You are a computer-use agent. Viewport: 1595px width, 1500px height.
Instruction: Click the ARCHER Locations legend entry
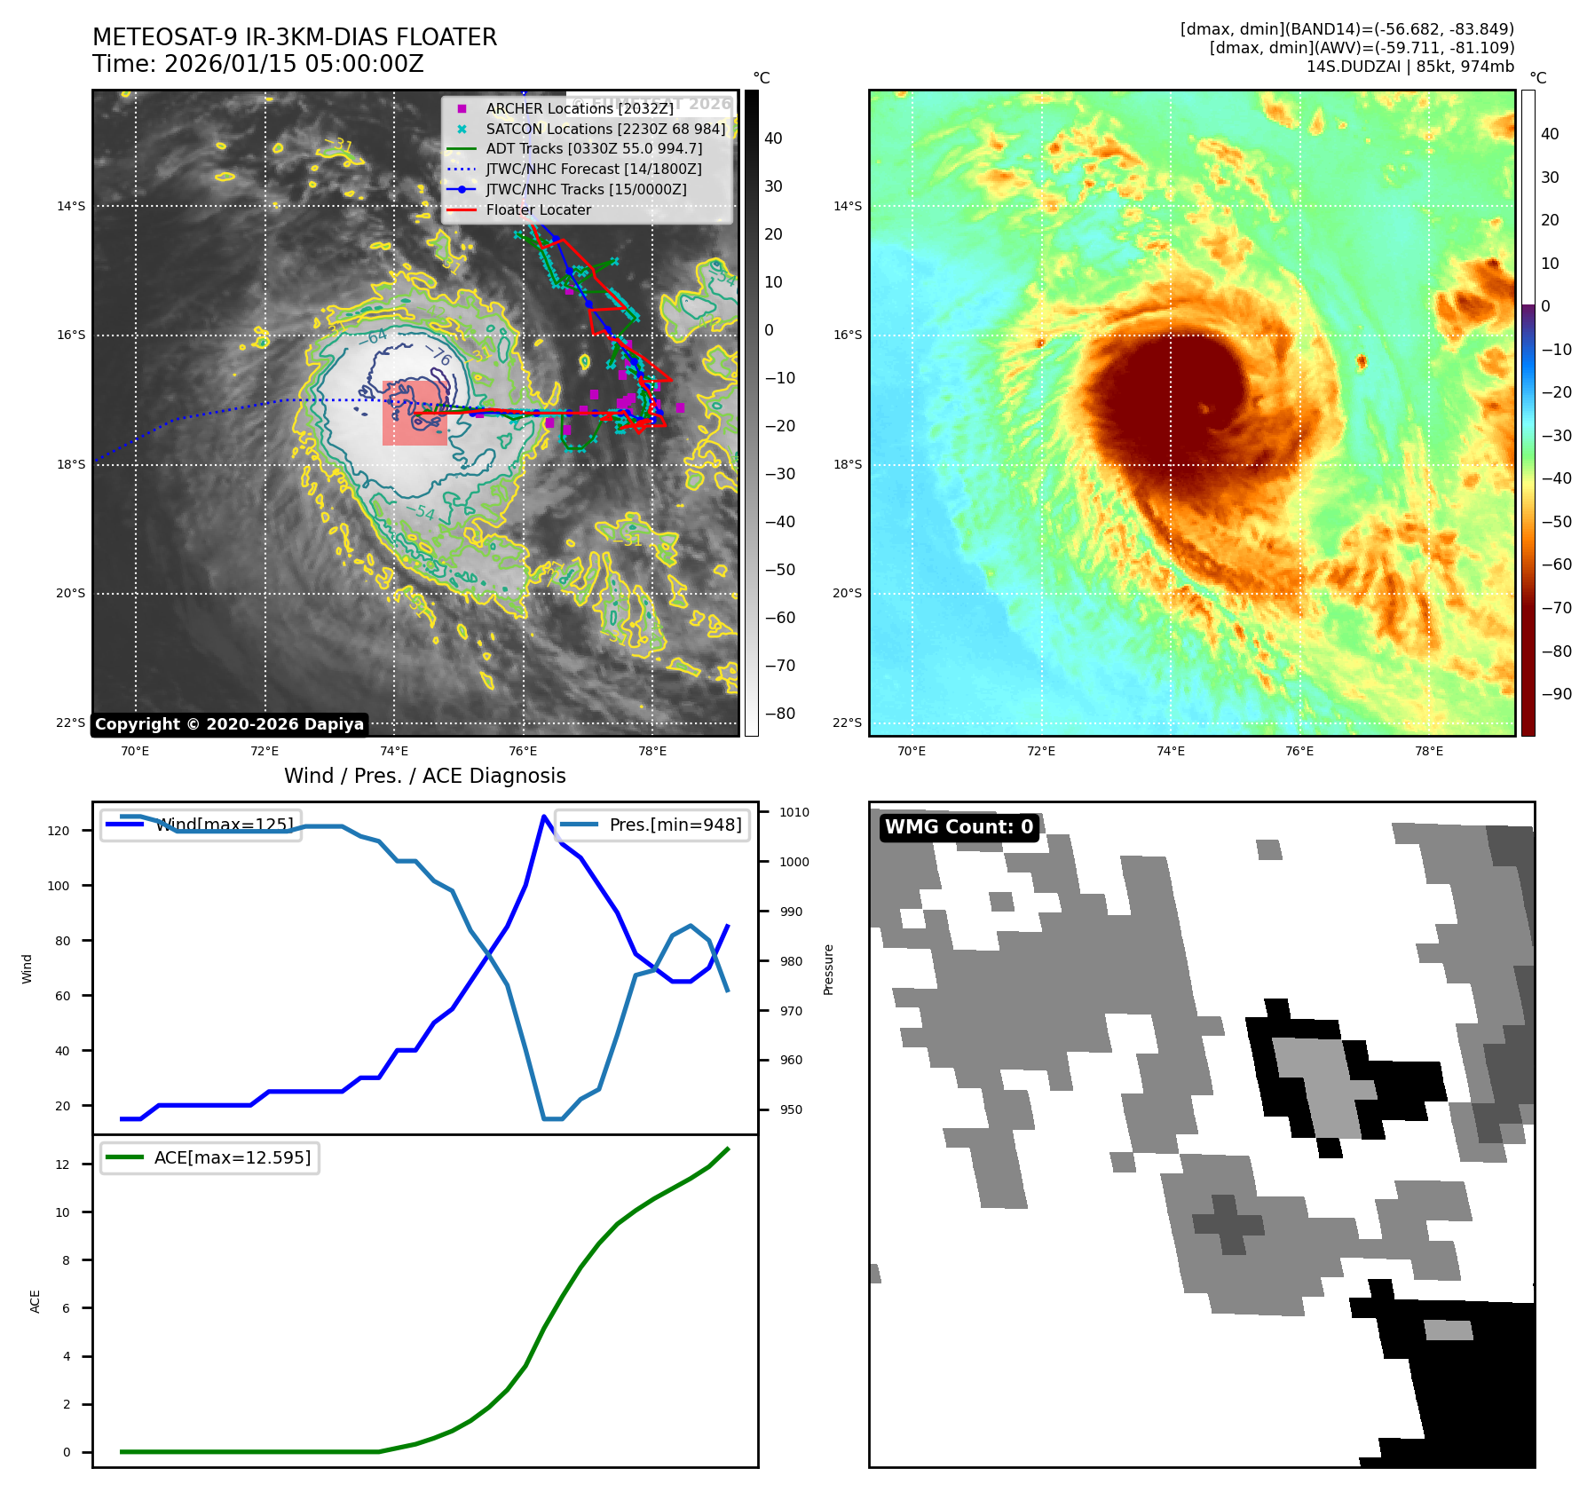pyautogui.click(x=580, y=108)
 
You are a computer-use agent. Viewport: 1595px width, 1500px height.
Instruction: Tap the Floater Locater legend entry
pyautogui.click(x=538, y=209)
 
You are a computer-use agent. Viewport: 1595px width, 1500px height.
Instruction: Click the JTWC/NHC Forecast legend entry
pyautogui.click(x=593, y=169)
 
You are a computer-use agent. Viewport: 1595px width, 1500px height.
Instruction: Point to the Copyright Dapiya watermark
pyautogui.click(x=229, y=724)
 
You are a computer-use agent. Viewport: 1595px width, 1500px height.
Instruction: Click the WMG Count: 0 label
pyautogui.click(x=959, y=827)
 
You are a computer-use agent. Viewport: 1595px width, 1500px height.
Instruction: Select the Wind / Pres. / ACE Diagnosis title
pyautogui.click(x=424, y=776)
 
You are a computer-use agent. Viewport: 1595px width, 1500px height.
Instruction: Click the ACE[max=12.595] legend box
pyautogui.click(x=210, y=1157)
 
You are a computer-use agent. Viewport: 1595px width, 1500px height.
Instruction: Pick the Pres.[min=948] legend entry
pyautogui.click(x=652, y=825)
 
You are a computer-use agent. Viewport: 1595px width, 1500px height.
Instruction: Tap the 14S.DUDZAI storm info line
pyautogui.click(x=1409, y=67)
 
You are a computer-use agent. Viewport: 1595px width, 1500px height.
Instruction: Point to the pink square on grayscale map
pyautogui.click(x=415, y=413)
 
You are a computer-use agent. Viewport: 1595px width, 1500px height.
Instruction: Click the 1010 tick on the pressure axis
pyautogui.click(x=794, y=812)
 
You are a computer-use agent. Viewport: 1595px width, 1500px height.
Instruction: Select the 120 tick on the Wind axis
pyautogui.click(x=59, y=831)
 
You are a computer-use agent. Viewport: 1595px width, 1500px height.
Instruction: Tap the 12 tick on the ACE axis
pyautogui.click(x=62, y=1164)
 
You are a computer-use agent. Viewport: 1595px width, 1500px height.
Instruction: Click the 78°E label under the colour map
pyautogui.click(x=1428, y=751)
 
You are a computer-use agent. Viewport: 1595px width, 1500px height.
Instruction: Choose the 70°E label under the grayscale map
pyautogui.click(x=135, y=751)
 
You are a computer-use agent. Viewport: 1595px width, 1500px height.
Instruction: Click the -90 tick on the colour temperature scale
pyautogui.click(x=1556, y=694)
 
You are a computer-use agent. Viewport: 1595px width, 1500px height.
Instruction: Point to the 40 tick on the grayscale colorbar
pyautogui.click(x=773, y=138)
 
